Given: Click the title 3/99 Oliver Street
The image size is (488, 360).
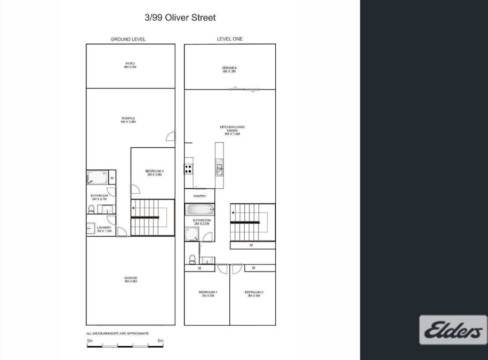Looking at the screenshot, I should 180,18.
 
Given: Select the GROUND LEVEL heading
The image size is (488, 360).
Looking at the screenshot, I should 128,39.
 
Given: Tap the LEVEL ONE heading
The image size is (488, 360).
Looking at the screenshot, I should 229,39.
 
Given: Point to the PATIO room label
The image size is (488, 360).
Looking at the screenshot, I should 130,66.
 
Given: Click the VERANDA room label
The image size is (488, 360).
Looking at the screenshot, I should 229,69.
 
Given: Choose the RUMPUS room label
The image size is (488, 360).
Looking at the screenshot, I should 128,120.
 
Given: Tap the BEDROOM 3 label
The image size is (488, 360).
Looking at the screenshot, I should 154,173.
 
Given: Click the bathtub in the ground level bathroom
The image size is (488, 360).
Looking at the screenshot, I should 97,177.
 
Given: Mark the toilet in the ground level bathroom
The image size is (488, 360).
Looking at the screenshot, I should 91,209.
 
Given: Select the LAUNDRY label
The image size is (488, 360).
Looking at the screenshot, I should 104,229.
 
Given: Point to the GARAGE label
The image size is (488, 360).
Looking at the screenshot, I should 131,279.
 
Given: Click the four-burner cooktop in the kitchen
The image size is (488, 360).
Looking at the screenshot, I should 188,169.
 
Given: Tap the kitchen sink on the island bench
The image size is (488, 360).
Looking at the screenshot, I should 219,170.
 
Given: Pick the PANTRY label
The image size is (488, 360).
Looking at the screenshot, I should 199,196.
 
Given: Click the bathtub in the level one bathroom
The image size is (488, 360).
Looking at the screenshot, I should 199,209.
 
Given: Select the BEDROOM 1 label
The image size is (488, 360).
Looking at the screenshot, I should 207,294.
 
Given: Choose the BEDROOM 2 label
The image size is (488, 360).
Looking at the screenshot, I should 254,294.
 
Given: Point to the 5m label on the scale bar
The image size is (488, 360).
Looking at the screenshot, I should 160,340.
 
